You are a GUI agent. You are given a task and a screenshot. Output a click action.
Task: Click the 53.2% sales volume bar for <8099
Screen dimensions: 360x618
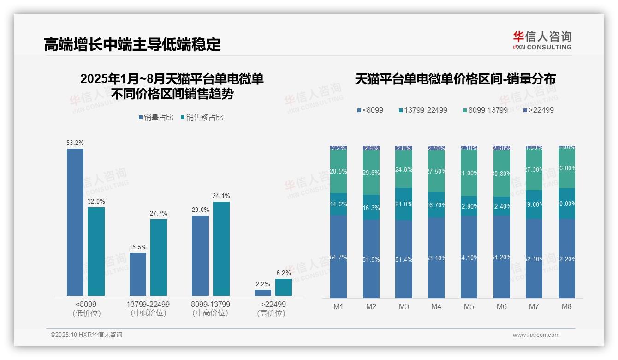pos(75,222)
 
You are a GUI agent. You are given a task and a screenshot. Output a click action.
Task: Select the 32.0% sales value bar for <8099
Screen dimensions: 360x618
pos(96,252)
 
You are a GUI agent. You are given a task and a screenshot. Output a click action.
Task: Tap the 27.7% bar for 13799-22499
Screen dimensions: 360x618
pos(159,258)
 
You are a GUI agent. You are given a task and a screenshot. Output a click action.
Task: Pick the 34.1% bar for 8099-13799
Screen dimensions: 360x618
pos(221,249)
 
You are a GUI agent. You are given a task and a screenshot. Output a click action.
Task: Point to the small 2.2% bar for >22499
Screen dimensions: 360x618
pos(263,293)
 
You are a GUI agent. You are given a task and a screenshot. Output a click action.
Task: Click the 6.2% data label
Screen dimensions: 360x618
pos(284,273)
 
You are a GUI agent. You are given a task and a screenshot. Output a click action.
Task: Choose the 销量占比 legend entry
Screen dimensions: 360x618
pos(156,118)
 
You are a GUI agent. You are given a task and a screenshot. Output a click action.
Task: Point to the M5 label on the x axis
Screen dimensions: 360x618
pos(469,306)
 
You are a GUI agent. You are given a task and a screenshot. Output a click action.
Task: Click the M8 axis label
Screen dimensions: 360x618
pos(567,306)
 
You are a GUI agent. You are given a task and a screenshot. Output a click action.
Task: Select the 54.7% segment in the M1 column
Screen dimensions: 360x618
pos(339,257)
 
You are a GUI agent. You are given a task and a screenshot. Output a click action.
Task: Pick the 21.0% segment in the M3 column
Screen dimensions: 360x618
pos(404,204)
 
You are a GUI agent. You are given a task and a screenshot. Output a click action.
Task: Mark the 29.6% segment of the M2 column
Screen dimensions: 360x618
pos(371,173)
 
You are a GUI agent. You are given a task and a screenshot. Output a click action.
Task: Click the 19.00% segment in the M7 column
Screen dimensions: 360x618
pos(534,204)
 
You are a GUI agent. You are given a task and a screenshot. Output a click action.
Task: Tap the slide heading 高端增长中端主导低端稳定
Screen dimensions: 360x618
pos(132,45)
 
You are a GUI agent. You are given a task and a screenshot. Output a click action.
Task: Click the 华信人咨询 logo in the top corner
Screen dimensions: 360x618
pos(542,40)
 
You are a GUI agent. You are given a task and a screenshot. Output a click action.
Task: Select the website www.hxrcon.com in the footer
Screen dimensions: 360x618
pos(536,335)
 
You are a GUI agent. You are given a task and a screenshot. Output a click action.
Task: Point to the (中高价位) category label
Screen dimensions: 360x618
pos(210,313)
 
